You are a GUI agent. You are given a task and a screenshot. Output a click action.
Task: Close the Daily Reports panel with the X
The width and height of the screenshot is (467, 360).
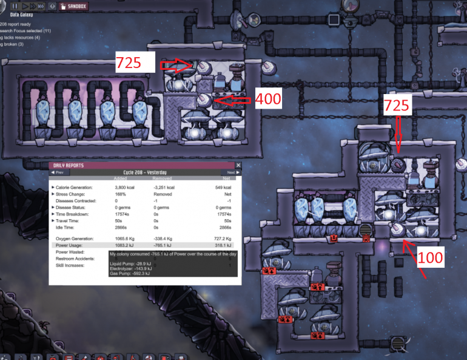click(x=238, y=165)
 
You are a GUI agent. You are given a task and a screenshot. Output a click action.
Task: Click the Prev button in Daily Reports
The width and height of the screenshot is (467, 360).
click(x=59, y=172)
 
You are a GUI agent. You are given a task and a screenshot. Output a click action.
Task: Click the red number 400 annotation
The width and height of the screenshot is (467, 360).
click(x=267, y=99)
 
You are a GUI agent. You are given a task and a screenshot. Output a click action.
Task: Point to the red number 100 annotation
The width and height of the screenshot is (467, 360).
click(x=431, y=257)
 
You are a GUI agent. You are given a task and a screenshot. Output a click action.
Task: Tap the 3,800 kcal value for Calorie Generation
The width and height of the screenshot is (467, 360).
click(x=124, y=188)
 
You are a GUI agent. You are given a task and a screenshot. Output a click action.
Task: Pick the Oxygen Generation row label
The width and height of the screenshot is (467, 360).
click(x=76, y=239)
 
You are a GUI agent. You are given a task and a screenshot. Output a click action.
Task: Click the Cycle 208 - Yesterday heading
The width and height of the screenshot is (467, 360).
click(x=145, y=172)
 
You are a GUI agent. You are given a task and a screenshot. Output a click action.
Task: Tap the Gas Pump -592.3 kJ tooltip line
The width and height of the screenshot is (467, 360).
click(x=129, y=274)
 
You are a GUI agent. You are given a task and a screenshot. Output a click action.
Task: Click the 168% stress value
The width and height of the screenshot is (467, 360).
click(x=121, y=194)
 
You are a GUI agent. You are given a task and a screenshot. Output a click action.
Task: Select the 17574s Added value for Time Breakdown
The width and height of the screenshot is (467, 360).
click(x=123, y=214)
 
